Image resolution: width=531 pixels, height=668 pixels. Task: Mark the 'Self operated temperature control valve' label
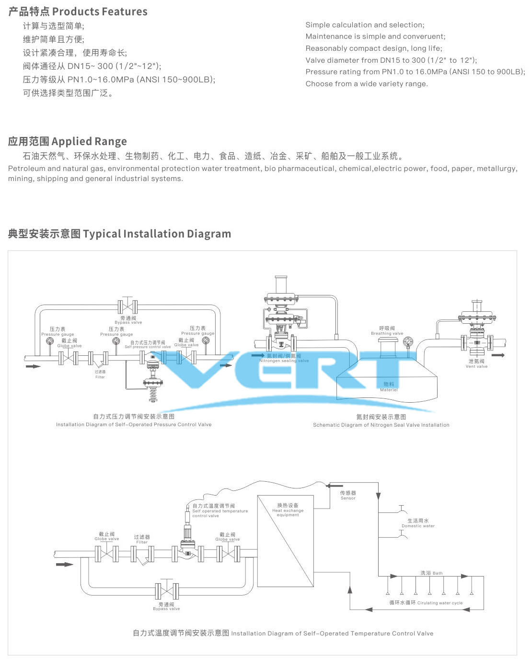[220, 511]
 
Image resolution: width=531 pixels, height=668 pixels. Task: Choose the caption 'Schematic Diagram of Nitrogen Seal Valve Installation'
[381, 425]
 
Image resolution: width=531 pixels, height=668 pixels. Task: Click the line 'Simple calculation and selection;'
[365, 25]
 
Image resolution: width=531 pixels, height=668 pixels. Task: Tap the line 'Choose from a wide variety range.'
[367, 84]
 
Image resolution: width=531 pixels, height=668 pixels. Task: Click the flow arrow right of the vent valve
[498, 355]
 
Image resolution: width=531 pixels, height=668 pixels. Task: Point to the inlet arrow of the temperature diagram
[64, 565]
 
